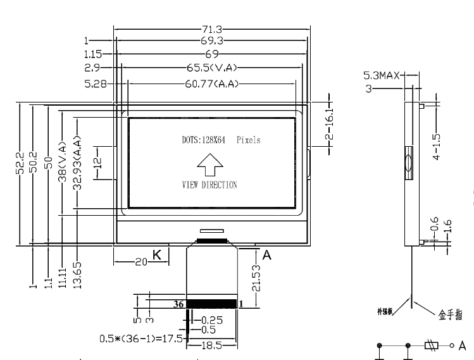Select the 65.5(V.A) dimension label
(x=209, y=66)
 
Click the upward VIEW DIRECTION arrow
(x=209, y=167)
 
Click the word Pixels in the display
(x=248, y=140)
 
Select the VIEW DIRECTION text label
(x=209, y=185)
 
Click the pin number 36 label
(x=179, y=304)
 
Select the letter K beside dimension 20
(x=157, y=256)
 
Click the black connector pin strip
(x=212, y=304)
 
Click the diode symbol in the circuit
(x=432, y=345)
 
